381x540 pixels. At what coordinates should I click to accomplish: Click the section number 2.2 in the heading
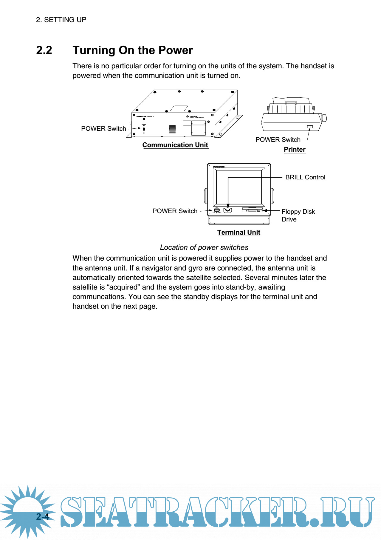point(44,50)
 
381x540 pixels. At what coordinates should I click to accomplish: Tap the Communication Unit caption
point(175,145)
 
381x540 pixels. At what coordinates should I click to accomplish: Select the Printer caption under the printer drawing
point(295,149)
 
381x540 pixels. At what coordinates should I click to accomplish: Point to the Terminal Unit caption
point(238,232)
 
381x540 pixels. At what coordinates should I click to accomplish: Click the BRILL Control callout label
point(305,177)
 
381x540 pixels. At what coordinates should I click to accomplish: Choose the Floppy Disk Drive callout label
point(298,215)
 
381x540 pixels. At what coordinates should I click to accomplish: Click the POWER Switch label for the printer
point(278,140)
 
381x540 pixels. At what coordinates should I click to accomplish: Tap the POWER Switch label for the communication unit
point(103,129)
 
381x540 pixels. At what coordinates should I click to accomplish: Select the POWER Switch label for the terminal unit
point(175,211)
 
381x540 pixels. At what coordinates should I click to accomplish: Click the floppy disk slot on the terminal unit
point(252,210)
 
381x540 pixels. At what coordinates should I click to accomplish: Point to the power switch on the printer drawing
point(310,127)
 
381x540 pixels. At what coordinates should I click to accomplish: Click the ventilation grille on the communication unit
point(172,129)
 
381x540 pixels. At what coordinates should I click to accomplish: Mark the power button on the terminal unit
point(217,210)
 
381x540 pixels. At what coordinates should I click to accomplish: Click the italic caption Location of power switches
point(204,247)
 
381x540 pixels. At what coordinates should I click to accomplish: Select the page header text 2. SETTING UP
point(61,20)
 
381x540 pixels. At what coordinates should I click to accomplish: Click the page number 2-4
point(43,516)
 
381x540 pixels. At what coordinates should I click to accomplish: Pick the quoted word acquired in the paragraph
point(124,287)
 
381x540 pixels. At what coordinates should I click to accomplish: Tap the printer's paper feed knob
point(324,118)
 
